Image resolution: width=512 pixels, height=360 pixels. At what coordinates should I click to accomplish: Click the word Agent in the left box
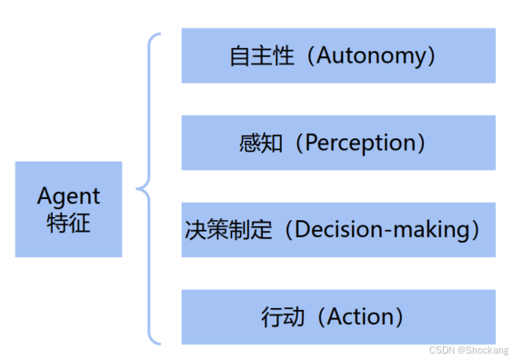(68, 196)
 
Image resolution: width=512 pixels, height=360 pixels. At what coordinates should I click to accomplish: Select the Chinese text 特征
(68, 223)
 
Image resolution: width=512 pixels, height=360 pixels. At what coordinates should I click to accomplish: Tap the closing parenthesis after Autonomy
(431, 56)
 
